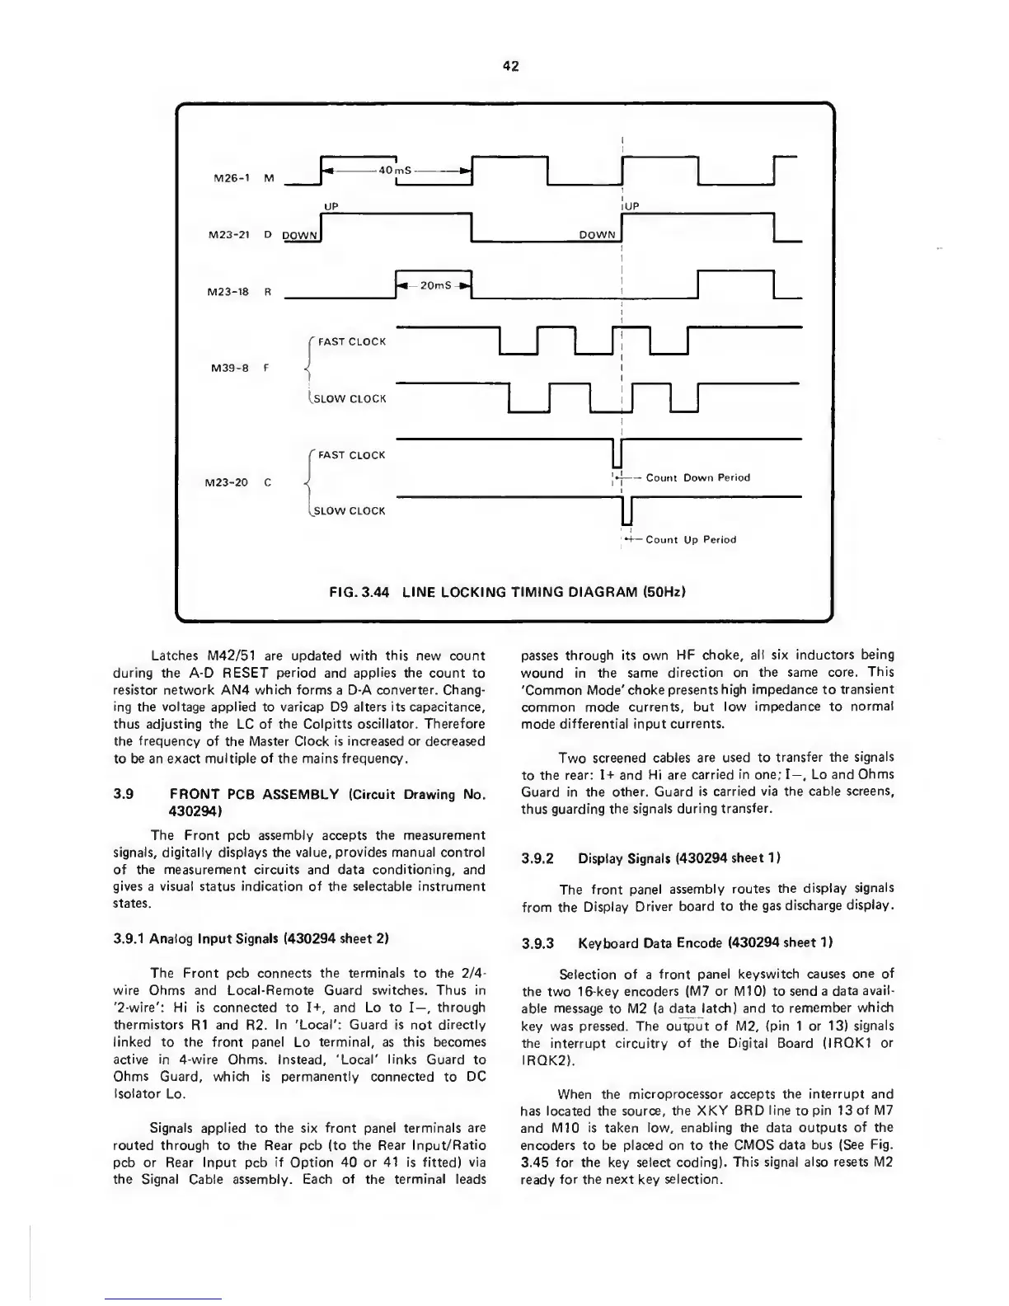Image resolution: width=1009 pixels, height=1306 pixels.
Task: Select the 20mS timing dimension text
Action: (434, 285)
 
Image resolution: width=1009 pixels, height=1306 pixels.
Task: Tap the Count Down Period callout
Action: (697, 477)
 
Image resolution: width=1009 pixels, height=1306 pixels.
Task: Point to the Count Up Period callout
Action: (691, 539)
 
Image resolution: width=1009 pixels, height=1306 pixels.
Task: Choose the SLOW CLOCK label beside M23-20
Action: (350, 510)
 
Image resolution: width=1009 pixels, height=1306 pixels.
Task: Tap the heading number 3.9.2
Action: (538, 857)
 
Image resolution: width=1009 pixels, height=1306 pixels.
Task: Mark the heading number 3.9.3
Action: (538, 942)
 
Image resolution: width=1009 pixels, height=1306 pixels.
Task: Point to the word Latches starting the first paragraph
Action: (175, 655)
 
